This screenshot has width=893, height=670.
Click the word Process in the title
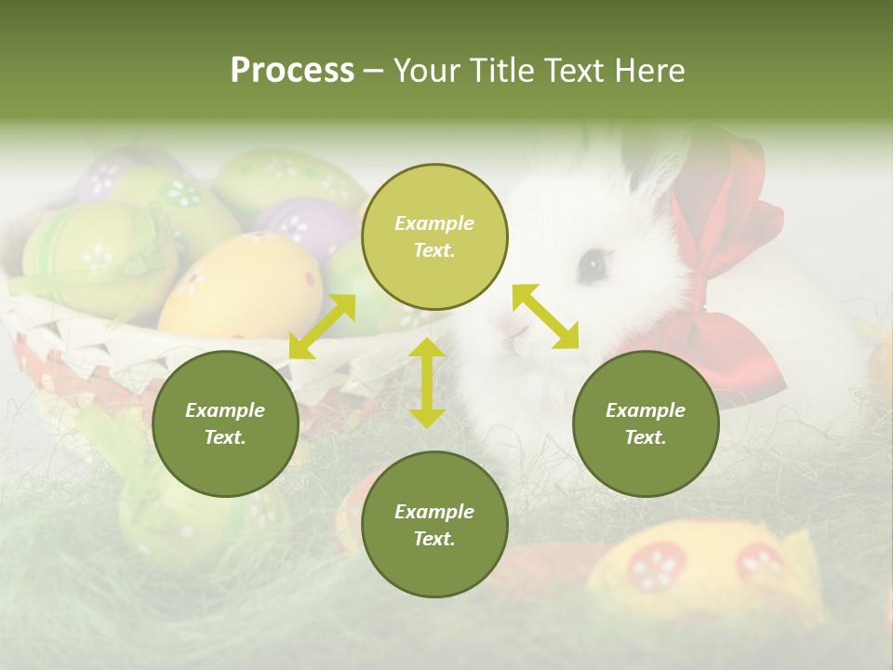click(x=292, y=71)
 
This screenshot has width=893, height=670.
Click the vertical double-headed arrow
click(x=427, y=382)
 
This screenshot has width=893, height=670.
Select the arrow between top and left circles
click(x=323, y=327)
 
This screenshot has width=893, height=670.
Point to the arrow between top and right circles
click(x=545, y=316)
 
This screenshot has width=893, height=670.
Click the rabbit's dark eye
click(x=591, y=266)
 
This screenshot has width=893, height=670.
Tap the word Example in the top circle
click(x=434, y=223)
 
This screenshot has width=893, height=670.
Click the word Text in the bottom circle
click(x=434, y=539)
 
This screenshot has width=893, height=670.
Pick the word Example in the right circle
click(x=646, y=410)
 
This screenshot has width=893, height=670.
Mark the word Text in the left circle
click(x=225, y=437)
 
